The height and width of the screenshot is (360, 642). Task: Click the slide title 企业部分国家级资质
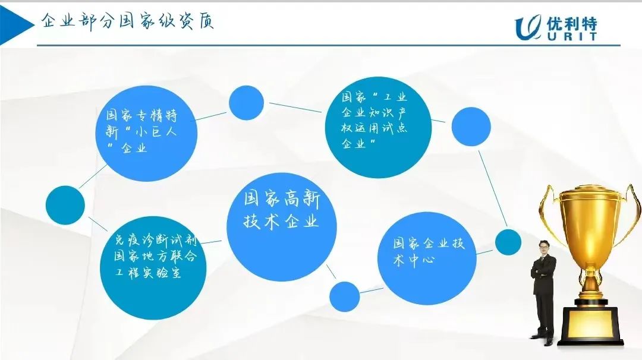pos(127,21)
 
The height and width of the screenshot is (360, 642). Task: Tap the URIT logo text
pos(572,36)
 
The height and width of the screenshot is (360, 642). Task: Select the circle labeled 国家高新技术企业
pos(282,227)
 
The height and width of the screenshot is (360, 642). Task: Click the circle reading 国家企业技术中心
pos(427,258)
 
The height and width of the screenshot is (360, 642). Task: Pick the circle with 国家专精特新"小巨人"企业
pos(146,133)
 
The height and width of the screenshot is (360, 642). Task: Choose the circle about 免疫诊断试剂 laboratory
pos(153,268)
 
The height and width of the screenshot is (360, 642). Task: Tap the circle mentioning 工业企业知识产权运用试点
pos(378,127)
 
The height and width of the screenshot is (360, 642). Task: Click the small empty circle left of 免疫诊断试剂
pos(65,205)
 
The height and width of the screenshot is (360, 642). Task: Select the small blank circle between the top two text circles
pos(246,103)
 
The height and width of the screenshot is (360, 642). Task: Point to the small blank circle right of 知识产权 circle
pos(471,127)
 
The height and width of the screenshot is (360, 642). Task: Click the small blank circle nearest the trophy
pos(508,242)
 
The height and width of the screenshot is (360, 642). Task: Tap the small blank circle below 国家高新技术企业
pos(344,296)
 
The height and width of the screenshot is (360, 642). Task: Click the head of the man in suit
pos(544,248)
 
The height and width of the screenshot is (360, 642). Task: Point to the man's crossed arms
pos(543,270)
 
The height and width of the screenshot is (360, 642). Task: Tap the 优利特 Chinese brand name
pos(572,23)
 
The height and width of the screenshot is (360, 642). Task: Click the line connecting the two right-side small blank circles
pos(493,188)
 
